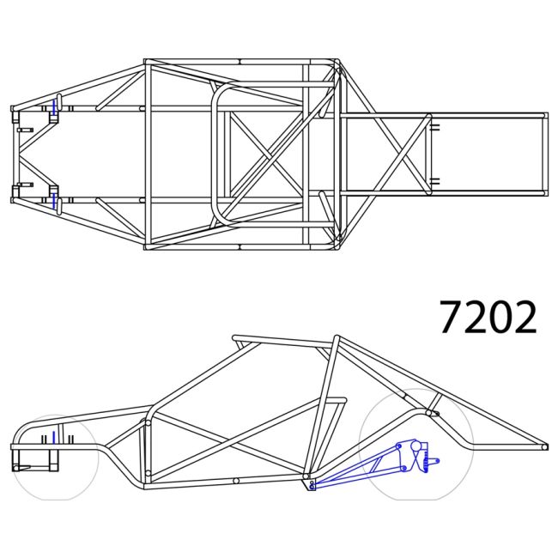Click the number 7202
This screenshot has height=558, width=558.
pyautogui.click(x=488, y=318)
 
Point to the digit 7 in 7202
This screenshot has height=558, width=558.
pyautogui.click(x=452, y=318)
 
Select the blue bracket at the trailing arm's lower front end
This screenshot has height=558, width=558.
pyautogui.click(x=312, y=486)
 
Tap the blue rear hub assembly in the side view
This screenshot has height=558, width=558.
pyautogui.click(x=415, y=454)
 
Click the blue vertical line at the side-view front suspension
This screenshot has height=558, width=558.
pyautogui.click(x=53, y=439)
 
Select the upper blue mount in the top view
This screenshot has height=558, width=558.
pyautogui.click(x=55, y=108)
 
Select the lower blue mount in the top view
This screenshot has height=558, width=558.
pyautogui.click(x=55, y=200)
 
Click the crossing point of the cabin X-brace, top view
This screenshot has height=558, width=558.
pyautogui.click(x=266, y=155)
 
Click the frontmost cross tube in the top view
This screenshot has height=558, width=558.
pyautogui.click(x=14, y=155)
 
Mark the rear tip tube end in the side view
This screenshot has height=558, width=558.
pyautogui.click(x=545, y=446)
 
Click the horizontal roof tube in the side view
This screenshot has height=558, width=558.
pyautogui.click(x=283, y=342)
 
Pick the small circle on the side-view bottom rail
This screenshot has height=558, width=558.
pyautogui.click(x=235, y=481)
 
